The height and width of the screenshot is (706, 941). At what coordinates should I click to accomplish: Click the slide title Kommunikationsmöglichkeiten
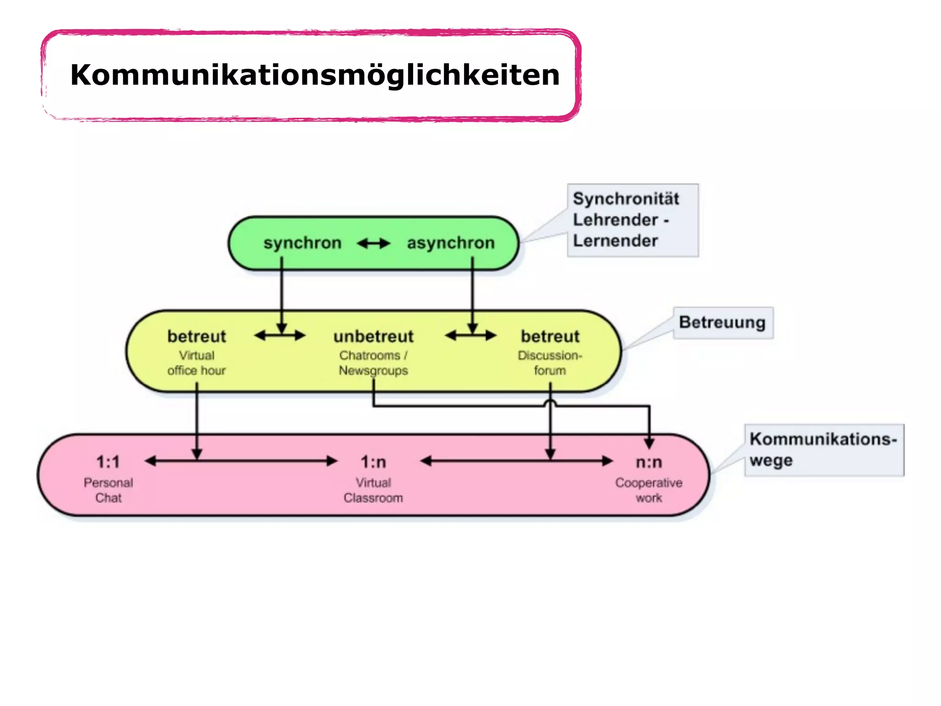[315, 75]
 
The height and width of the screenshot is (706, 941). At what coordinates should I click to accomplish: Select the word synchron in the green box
[302, 243]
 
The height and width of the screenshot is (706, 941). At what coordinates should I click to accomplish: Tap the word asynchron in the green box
[450, 243]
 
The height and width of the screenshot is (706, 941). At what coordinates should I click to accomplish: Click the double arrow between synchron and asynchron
[374, 243]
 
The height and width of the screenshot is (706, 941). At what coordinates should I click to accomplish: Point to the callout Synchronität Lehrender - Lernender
[632, 220]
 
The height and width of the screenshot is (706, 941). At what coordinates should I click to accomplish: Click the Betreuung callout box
[723, 323]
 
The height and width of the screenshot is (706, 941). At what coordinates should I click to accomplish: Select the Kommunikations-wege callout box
[823, 450]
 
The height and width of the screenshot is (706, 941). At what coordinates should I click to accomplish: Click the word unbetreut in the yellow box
[373, 336]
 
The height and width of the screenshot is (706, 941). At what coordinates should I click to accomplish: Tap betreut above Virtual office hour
[197, 336]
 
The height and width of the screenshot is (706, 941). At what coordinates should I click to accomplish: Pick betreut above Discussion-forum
[550, 336]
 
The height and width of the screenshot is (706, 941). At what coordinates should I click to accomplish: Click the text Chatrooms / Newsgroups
[373, 363]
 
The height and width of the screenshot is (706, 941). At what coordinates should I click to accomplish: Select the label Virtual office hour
[197, 363]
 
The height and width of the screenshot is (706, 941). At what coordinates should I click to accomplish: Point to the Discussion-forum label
[550, 363]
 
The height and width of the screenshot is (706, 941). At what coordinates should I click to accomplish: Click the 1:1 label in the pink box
[108, 461]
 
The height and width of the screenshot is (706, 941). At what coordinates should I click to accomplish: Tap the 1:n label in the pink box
[373, 461]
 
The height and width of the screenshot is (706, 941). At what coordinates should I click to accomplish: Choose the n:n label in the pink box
[649, 461]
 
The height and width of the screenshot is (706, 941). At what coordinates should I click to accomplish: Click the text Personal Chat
[108, 490]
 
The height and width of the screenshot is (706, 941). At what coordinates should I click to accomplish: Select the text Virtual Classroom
[373, 490]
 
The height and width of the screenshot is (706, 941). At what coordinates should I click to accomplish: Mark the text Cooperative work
[649, 490]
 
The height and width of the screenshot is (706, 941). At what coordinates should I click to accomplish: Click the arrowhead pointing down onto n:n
[649, 444]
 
